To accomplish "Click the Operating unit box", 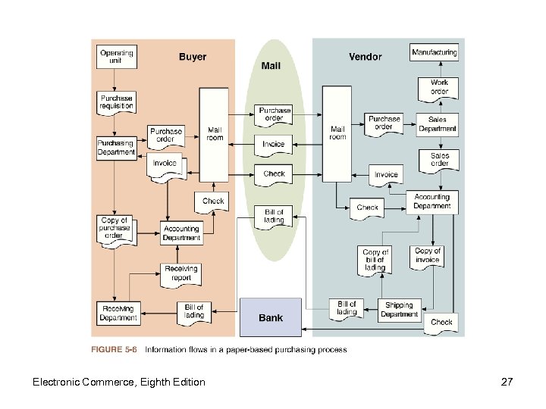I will point(117,58).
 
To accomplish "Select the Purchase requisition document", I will point(117,102).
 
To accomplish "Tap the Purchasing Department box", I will point(116,147).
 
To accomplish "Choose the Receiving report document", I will point(181,273).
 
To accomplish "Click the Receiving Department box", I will point(118,313).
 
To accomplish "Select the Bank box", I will point(271,317).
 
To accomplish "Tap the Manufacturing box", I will point(435,53).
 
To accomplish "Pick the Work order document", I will point(439,87).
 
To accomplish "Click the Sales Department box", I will point(438,124).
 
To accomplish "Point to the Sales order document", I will point(439,160).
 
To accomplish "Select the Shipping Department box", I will point(399,310).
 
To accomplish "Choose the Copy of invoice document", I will point(428,255).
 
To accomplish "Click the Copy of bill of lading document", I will point(375,260).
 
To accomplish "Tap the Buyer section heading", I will point(193,57).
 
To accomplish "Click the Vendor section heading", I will point(365,57).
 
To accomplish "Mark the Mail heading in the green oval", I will point(271,66).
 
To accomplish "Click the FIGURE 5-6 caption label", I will point(115,350).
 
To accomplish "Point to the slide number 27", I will point(507,382).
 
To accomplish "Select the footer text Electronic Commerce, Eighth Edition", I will point(118,382).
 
